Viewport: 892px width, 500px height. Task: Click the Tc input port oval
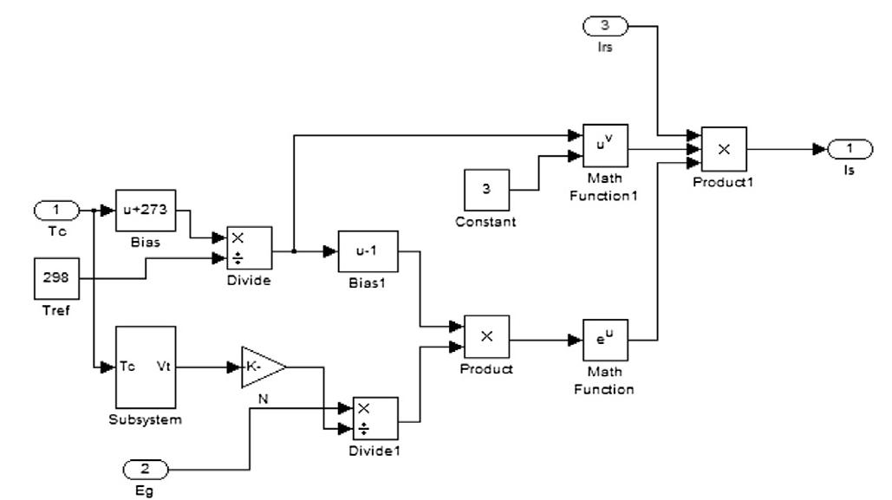[56, 211]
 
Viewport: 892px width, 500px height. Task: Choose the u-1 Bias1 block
[368, 251]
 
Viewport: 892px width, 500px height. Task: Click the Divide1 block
[374, 419]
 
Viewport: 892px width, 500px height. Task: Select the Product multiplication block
[487, 338]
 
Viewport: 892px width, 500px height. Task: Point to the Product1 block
[725, 149]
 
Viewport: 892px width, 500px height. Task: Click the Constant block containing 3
[487, 192]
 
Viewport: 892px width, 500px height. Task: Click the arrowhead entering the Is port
[819, 150]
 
